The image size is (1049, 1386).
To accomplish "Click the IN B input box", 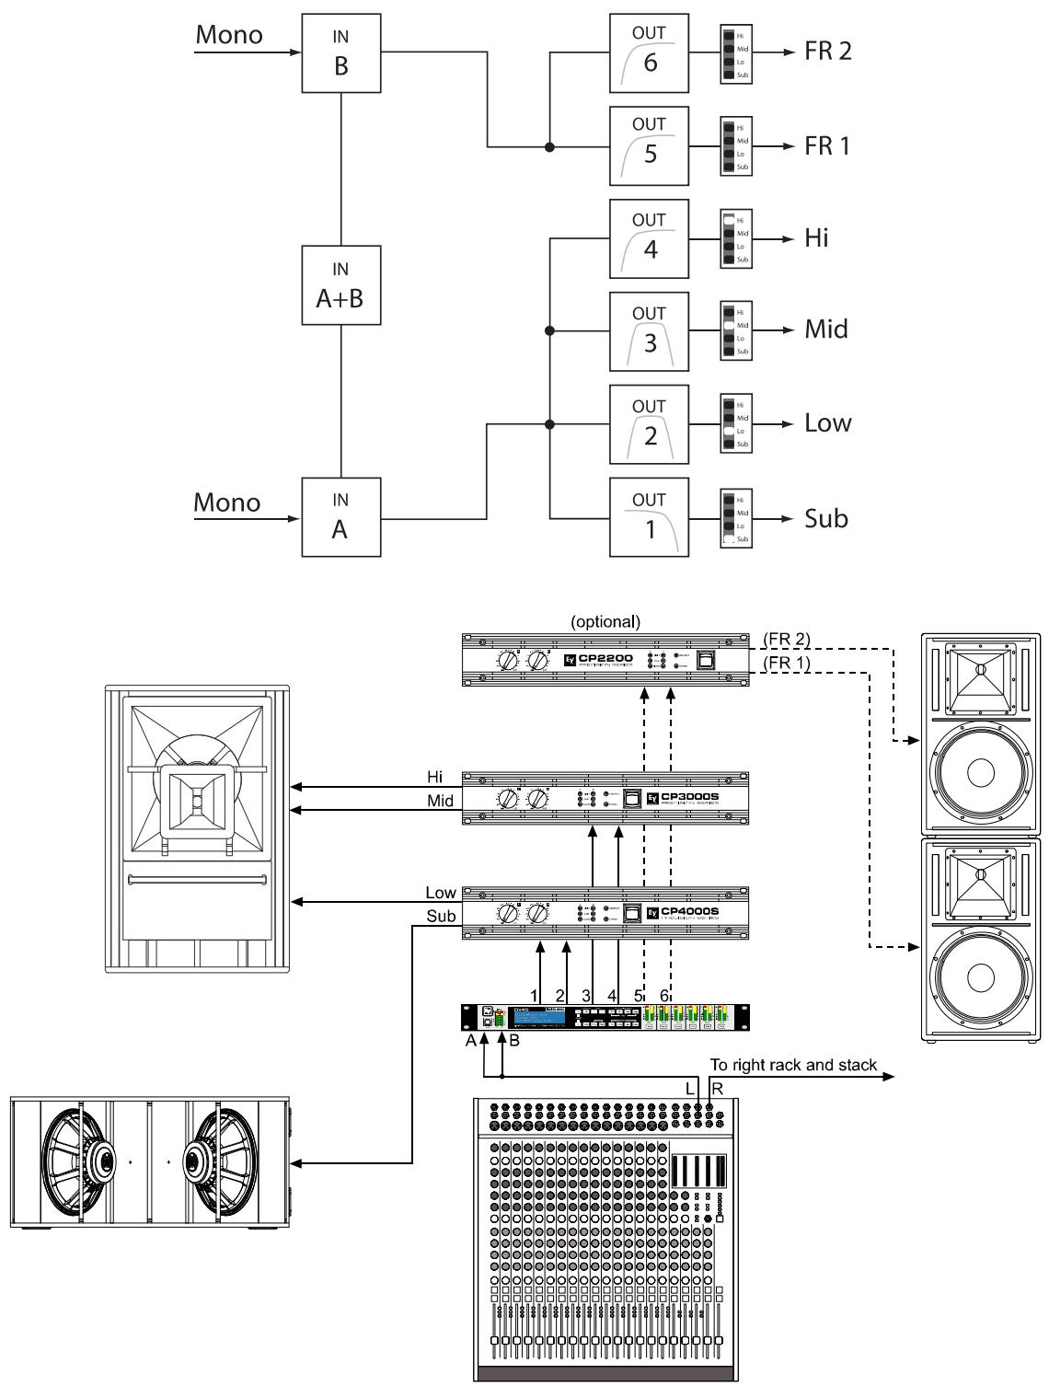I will (x=340, y=52).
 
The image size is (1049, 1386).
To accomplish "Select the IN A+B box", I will (x=340, y=284).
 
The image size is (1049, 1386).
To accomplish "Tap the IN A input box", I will (x=340, y=516).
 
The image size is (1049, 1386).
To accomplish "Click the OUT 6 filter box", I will (x=650, y=52).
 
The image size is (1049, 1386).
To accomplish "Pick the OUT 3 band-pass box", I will (x=650, y=331).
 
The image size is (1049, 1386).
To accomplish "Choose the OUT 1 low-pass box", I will (x=650, y=517).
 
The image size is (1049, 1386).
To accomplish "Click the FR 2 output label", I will (x=828, y=51).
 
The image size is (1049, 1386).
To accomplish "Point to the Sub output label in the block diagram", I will (x=825, y=518).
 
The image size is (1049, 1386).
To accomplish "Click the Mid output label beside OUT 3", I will (x=826, y=329).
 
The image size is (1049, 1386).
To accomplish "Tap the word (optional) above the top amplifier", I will (x=605, y=621).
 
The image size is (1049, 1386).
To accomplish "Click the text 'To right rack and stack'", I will (x=793, y=1067).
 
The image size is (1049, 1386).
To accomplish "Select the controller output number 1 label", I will (x=534, y=995).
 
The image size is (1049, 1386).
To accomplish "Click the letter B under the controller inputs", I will (x=514, y=1041).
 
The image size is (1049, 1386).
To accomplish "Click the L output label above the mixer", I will (x=690, y=1088).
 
